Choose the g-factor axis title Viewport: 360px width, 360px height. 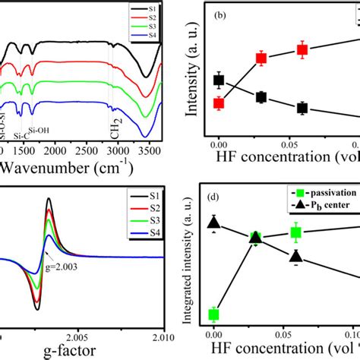65,354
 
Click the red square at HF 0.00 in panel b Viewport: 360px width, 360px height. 219,103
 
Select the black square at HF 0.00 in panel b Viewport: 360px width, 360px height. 219,80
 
